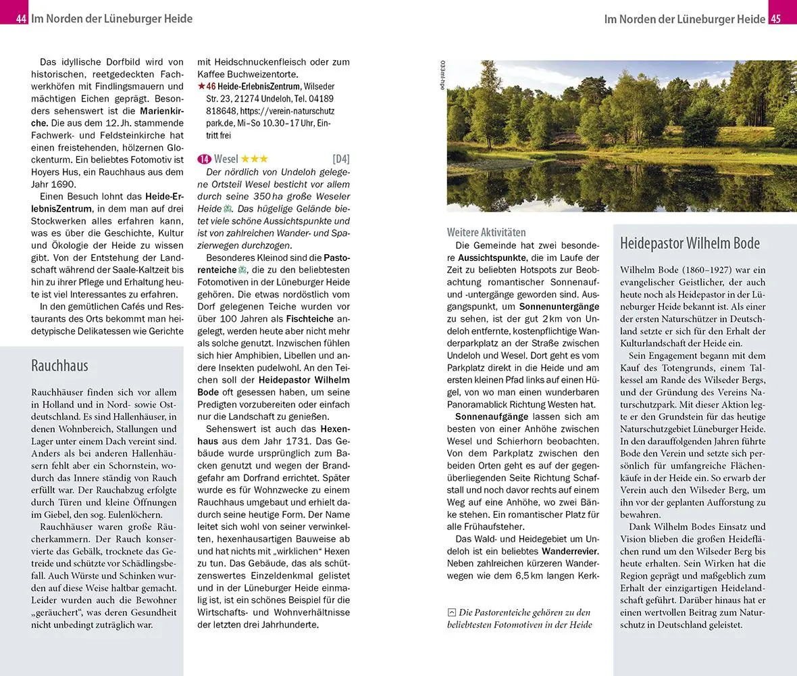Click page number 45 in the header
click(x=775, y=19)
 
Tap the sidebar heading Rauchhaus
click(x=59, y=366)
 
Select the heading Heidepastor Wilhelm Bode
click(x=690, y=243)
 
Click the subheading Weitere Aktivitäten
click(x=486, y=232)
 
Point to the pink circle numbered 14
click(x=205, y=160)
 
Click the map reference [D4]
click(x=341, y=160)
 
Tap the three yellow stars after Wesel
click(x=255, y=160)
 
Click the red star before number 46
click(x=201, y=87)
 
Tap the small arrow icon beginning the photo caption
click(x=452, y=612)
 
